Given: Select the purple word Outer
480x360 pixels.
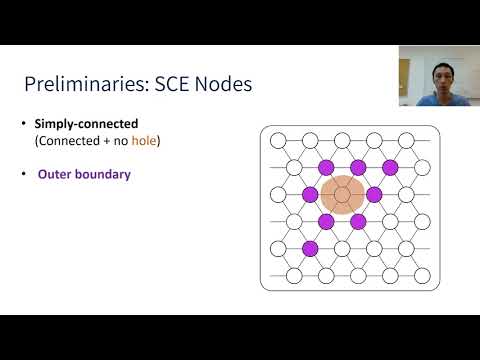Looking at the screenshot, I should point(55,175).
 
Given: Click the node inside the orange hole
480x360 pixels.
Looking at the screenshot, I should point(342,194).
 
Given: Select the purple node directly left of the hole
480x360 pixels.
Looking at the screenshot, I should point(310,194).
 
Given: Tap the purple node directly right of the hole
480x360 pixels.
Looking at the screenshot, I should point(375,194).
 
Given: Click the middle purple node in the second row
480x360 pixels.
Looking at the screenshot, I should point(358,167).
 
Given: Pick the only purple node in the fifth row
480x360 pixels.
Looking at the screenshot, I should point(310,248).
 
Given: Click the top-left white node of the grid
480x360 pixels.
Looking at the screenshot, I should point(278,141).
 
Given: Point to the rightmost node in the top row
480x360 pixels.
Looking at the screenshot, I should point(407,141).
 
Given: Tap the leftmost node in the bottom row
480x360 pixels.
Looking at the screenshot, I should point(294,275).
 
